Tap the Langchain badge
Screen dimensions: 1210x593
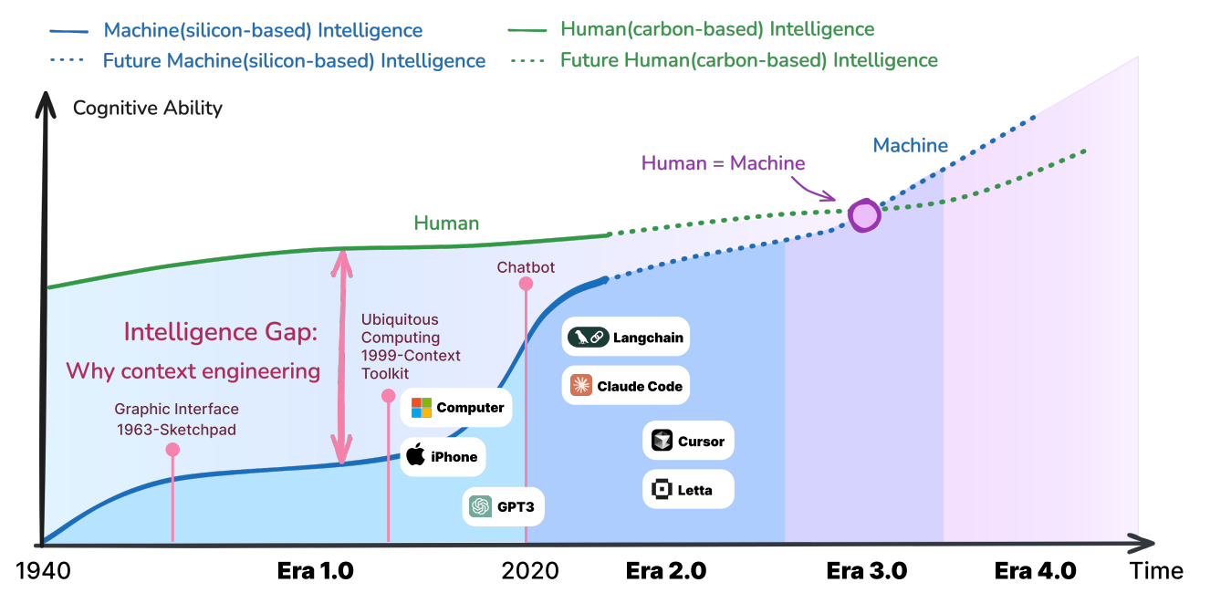click(625, 337)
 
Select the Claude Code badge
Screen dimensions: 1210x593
click(625, 386)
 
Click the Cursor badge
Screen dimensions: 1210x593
click(688, 441)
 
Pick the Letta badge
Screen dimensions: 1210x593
click(688, 489)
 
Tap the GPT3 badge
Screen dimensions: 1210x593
click(503, 506)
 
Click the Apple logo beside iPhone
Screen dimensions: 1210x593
click(415, 454)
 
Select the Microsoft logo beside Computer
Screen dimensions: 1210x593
click(422, 408)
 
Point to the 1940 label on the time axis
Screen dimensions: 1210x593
click(43, 571)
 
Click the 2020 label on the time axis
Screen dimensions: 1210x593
click(530, 571)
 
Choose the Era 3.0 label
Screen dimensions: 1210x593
click(867, 571)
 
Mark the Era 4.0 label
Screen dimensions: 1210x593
click(1035, 571)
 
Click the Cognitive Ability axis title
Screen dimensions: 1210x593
click(148, 108)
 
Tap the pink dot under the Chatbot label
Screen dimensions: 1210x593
click(526, 284)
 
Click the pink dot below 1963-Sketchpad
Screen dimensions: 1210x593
click(172, 450)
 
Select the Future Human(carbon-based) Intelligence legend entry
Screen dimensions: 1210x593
click(724, 60)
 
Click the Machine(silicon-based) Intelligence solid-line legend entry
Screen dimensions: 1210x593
click(236, 30)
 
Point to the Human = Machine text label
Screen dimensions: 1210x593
click(723, 163)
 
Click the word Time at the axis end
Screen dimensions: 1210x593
click(1156, 571)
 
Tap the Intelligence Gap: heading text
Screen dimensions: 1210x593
click(221, 331)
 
